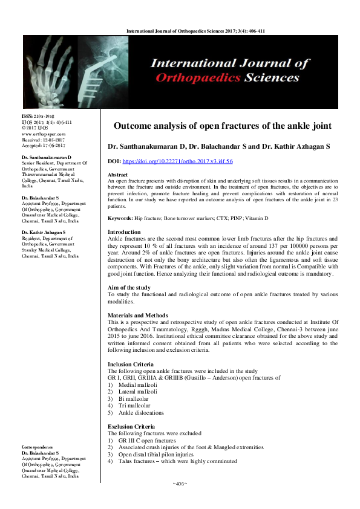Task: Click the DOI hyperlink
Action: point(186,161)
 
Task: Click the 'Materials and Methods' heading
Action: point(137,316)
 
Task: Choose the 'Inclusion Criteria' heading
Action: point(130,365)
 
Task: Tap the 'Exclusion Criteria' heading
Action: point(131,427)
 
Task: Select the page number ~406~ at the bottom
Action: point(180,484)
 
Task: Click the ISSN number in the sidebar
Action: point(38,116)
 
